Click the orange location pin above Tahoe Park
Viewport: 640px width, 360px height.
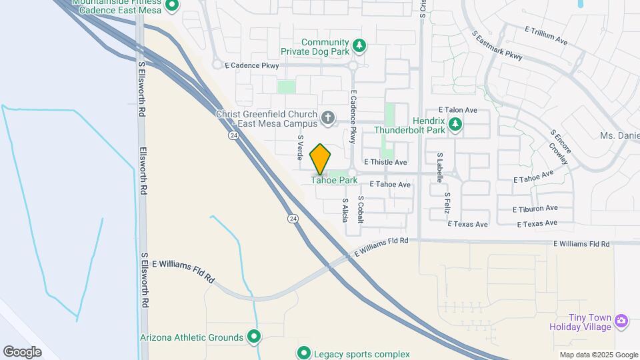[x=321, y=159]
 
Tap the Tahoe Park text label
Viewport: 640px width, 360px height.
[x=335, y=180]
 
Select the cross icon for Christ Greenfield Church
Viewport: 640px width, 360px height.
[x=327, y=119]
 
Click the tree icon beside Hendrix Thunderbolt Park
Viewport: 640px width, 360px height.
[x=456, y=124]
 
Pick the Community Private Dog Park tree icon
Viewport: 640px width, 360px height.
[x=359, y=45]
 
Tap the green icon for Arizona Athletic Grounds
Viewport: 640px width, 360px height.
[x=254, y=337]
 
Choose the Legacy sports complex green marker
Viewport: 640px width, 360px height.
[x=304, y=353]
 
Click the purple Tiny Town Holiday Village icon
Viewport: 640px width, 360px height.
[x=621, y=321]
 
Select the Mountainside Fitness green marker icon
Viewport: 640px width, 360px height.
[x=172, y=6]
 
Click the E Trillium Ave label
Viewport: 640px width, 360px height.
[x=546, y=35]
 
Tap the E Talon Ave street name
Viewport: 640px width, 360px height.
[x=458, y=110]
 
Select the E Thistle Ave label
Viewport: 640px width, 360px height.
[x=385, y=162]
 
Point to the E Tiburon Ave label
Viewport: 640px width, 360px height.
[x=535, y=209]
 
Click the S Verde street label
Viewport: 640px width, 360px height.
[x=301, y=147]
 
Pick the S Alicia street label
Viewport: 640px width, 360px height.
[x=345, y=209]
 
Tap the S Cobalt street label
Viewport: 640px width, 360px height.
[x=361, y=209]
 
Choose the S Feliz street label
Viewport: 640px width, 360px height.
[x=449, y=202]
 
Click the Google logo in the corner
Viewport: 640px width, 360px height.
[x=22, y=352]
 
